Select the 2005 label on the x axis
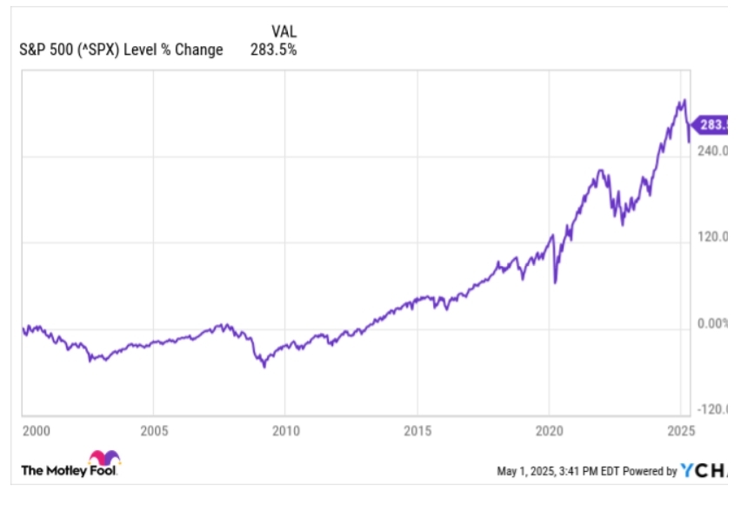click(153, 430)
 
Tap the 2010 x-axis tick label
click(285, 430)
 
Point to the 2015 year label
click(417, 430)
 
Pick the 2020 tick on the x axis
click(550, 430)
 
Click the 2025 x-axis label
click(678, 430)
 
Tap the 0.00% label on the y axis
click(712, 324)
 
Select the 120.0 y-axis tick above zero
click(712, 237)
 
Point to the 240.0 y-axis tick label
click(712, 150)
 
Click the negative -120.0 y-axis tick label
click(712, 409)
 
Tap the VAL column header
click(284, 32)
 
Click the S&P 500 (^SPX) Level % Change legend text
click(121, 50)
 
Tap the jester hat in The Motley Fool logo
click(103, 457)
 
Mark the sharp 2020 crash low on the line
click(555, 282)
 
